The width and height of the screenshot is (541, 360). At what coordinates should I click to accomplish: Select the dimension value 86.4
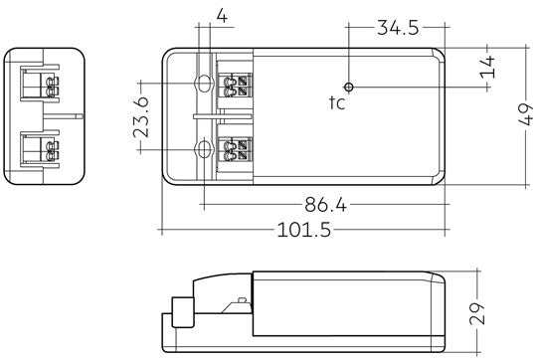[325, 206]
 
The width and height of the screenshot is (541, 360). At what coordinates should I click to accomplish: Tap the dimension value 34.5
[398, 27]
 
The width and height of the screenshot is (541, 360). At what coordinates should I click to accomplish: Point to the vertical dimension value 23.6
[143, 116]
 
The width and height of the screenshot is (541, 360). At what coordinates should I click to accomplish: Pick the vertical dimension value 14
[487, 68]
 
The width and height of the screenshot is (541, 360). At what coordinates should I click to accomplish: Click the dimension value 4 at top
[221, 16]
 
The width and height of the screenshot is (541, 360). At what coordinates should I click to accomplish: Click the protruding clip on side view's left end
[180, 312]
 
